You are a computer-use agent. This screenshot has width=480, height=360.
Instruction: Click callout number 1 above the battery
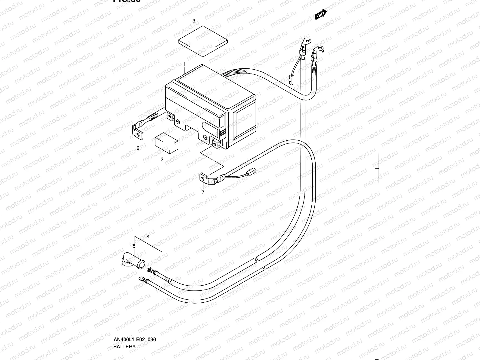(x=184, y=64)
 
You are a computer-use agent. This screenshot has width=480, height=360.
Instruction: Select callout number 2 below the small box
(x=162, y=159)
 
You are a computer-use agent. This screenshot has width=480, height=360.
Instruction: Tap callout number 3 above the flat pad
(x=194, y=21)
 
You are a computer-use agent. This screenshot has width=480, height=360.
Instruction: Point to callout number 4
(x=148, y=236)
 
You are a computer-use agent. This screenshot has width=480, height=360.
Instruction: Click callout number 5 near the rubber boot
(x=134, y=246)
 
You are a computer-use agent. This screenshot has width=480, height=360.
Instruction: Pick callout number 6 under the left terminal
(x=138, y=148)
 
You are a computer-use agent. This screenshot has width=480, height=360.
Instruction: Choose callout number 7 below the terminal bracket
(x=203, y=192)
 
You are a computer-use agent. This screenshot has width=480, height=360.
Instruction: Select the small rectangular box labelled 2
(x=166, y=143)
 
